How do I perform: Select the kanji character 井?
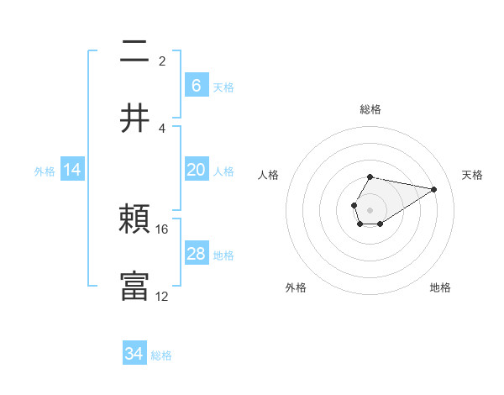coord(135,117)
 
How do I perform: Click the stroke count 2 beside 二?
coord(162,61)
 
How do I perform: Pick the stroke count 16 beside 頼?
coord(162,229)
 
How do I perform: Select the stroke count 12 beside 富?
coord(162,295)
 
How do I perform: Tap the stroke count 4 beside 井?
coord(162,128)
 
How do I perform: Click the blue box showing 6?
coord(196,86)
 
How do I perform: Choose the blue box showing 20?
coord(196,170)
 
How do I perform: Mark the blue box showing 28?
coord(196,254)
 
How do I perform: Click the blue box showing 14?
coord(72,170)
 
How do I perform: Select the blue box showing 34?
coord(134,355)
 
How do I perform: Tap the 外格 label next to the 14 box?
coord(45,171)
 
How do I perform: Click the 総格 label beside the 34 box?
coord(161,355)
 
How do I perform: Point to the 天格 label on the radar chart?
coord(473,175)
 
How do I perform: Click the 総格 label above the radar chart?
coord(370,109)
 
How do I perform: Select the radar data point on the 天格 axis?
coord(434,189)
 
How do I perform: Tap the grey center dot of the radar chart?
coord(370,208)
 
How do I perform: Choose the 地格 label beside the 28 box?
coord(223,255)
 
